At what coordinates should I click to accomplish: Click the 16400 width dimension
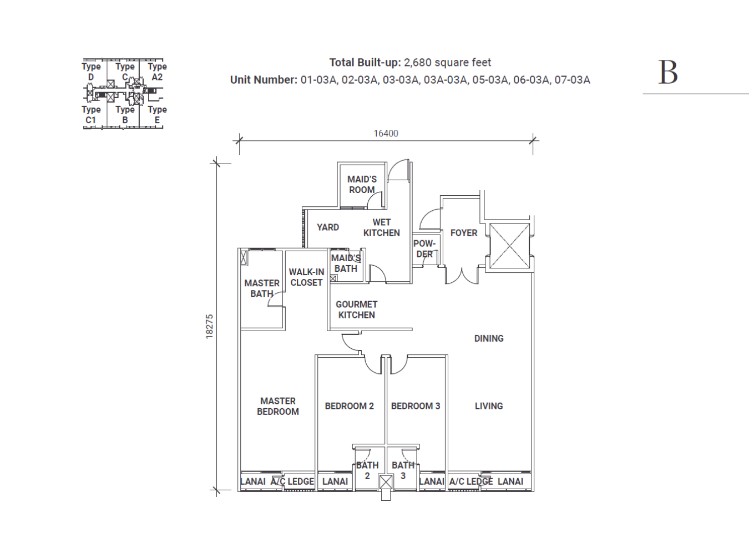386,134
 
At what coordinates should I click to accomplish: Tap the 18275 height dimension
209,327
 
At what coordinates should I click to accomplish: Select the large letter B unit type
668,73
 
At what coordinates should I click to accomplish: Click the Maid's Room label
362,185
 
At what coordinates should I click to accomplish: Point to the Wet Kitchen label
381,227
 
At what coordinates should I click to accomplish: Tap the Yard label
328,227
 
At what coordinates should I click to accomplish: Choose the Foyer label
464,233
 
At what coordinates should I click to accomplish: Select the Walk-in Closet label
306,277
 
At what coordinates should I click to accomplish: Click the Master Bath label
262,288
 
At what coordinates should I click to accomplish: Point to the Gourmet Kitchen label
356,309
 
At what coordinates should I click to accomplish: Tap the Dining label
489,338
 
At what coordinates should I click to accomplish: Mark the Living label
489,406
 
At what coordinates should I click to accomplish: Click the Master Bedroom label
278,406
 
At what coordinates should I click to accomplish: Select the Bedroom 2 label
350,406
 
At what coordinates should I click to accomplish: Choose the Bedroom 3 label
416,406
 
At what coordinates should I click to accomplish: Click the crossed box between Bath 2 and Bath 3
386,483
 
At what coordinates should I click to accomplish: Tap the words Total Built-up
365,63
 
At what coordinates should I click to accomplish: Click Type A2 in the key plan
157,72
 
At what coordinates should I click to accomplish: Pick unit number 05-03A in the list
490,80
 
